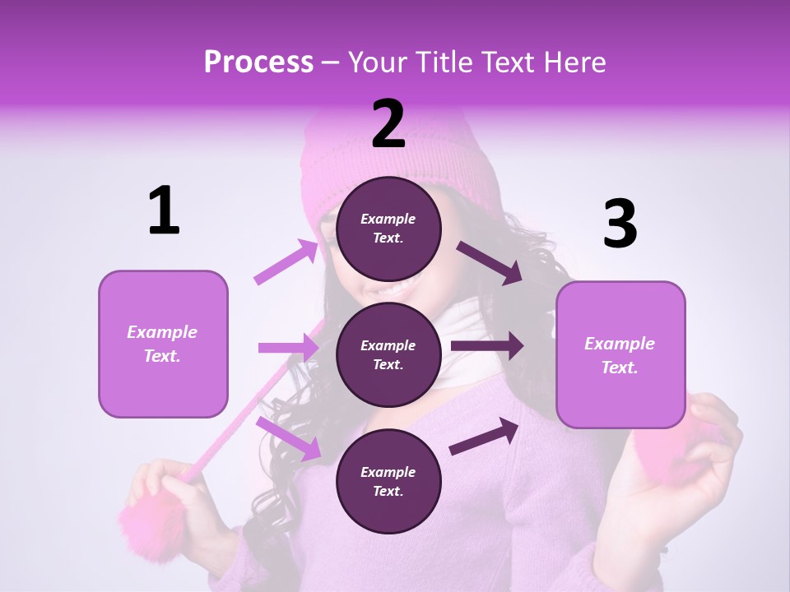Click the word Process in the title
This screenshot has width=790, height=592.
click(258, 62)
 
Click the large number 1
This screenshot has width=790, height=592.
click(164, 211)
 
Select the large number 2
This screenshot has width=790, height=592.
click(388, 124)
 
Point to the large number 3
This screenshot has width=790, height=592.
click(620, 224)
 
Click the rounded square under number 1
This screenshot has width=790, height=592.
click(163, 344)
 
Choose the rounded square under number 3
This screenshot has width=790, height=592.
click(620, 354)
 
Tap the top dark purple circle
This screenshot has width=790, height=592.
click(388, 229)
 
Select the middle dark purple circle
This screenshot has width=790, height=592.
click(388, 354)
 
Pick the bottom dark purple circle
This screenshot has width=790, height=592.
click(388, 481)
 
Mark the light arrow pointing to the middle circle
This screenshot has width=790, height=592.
click(288, 348)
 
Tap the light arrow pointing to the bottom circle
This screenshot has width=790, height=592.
click(289, 438)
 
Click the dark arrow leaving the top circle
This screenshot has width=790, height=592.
click(489, 262)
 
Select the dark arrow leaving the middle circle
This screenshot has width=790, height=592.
click(486, 346)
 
